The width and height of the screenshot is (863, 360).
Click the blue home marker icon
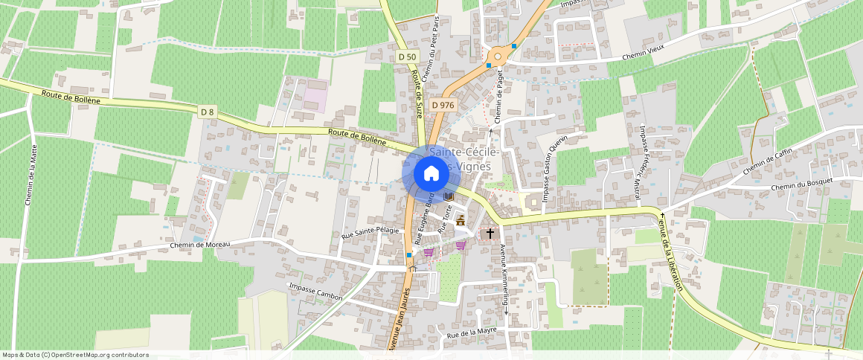431,174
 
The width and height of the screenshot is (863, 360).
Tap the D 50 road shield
407,57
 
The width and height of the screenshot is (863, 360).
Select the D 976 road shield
442,105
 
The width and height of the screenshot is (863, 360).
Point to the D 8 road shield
207,112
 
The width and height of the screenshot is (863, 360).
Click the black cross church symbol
490,234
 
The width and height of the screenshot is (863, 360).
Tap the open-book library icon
449,196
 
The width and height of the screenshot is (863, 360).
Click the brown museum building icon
460,221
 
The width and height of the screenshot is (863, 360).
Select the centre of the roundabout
498,56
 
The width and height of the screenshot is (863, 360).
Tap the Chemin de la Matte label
31,175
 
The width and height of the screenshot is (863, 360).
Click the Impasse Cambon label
316,292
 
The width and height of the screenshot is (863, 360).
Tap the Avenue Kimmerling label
504,280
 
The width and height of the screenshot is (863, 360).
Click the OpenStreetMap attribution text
76,355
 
